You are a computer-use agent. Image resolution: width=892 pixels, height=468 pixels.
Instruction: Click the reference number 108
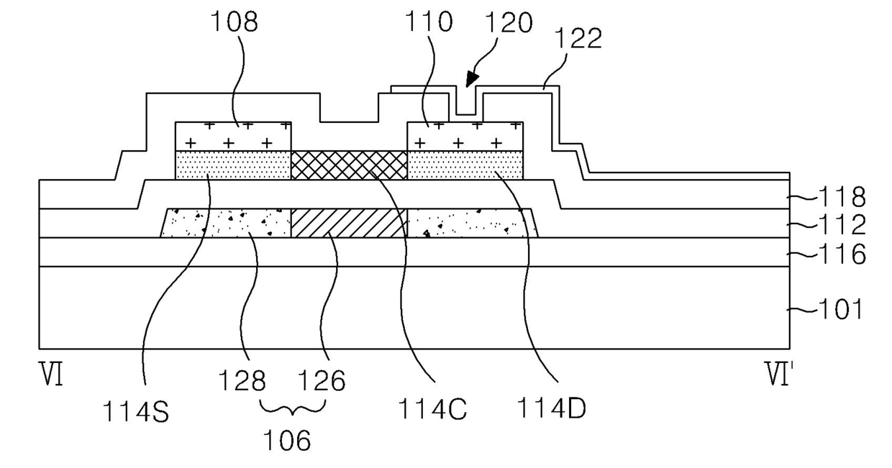click(235, 22)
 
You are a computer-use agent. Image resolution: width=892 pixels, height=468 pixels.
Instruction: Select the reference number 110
click(429, 22)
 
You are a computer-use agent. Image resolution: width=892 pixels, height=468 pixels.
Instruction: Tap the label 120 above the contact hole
click(509, 23)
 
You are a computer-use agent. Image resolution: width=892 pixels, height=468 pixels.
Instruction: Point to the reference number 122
click(578, 38)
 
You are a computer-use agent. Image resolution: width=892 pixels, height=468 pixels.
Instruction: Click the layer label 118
click(842, 196)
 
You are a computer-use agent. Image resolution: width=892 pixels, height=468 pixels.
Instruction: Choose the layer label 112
click(842, 225)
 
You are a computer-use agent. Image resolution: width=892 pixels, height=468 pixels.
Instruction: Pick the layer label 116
click(842, 254)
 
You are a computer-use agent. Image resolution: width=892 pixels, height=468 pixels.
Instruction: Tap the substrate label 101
click(840, 309)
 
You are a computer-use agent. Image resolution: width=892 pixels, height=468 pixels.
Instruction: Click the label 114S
click(136, 411)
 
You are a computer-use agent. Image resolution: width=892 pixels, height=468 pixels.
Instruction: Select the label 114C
click(432, 409)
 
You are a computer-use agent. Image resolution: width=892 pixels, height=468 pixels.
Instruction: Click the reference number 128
click(242, 381)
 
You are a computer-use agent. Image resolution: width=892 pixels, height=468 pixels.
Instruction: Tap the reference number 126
click(322, 381)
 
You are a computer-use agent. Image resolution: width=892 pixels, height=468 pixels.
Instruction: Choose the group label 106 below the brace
click(287, 441)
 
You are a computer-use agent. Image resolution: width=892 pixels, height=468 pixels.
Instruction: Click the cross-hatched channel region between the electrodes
click(349, 165)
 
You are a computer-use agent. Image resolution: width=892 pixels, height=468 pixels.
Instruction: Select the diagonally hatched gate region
click(349, 224)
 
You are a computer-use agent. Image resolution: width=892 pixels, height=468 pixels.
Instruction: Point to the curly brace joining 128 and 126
click(293, 408)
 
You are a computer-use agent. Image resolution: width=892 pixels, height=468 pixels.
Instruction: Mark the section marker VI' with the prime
click(777, 374)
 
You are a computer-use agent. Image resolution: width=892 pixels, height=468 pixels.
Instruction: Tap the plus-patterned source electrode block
click(233, 137)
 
